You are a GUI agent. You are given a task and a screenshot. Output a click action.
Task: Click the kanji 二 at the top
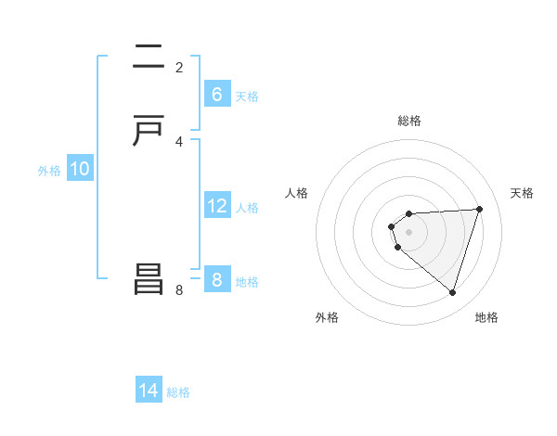149,58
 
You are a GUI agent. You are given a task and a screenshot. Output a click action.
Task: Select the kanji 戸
149,131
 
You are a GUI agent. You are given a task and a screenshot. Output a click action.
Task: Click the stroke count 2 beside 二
179,68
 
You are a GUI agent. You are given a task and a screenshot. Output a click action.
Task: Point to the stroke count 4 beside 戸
179,141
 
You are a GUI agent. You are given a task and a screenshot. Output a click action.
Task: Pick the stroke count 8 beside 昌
179,289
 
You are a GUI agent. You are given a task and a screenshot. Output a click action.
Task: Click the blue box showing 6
216,95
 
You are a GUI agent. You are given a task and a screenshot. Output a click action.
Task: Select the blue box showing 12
216,206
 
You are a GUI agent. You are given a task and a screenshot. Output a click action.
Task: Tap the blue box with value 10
80,169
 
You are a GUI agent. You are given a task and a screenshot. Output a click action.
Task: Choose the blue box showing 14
149,391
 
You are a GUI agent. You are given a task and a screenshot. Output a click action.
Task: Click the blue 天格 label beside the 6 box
247,96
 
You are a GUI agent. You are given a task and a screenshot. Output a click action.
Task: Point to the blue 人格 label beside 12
247,208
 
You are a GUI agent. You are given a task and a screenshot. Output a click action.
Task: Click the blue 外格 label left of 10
49,171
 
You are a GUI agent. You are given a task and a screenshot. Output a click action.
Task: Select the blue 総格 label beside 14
178,392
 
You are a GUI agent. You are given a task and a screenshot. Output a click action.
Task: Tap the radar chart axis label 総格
409,121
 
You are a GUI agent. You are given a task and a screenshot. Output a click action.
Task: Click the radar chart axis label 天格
522,193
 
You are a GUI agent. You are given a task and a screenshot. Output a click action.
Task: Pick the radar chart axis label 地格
486,317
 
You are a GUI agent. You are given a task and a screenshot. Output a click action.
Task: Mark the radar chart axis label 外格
327,317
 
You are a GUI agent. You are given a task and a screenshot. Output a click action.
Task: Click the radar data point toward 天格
479,209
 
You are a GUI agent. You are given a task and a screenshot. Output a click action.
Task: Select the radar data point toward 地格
452,292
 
